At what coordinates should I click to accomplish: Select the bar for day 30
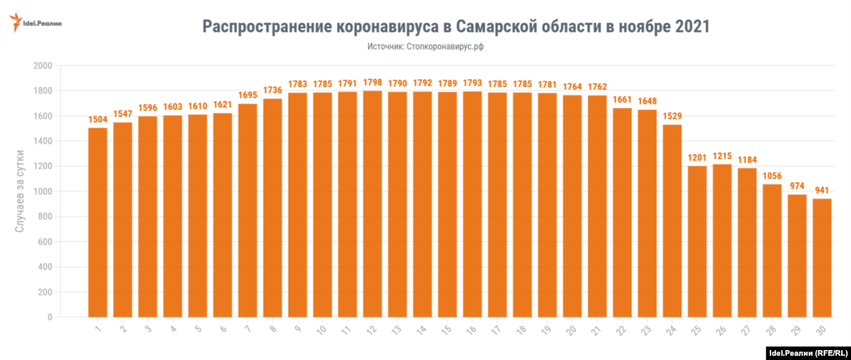(x=822, y=258)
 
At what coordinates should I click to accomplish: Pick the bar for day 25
(x=697, y=241)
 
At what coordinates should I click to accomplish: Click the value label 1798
(x=373, y=83)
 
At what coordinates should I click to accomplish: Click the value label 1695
(x=248, y=96)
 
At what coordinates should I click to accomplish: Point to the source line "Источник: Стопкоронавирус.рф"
(x=425, y=47)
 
